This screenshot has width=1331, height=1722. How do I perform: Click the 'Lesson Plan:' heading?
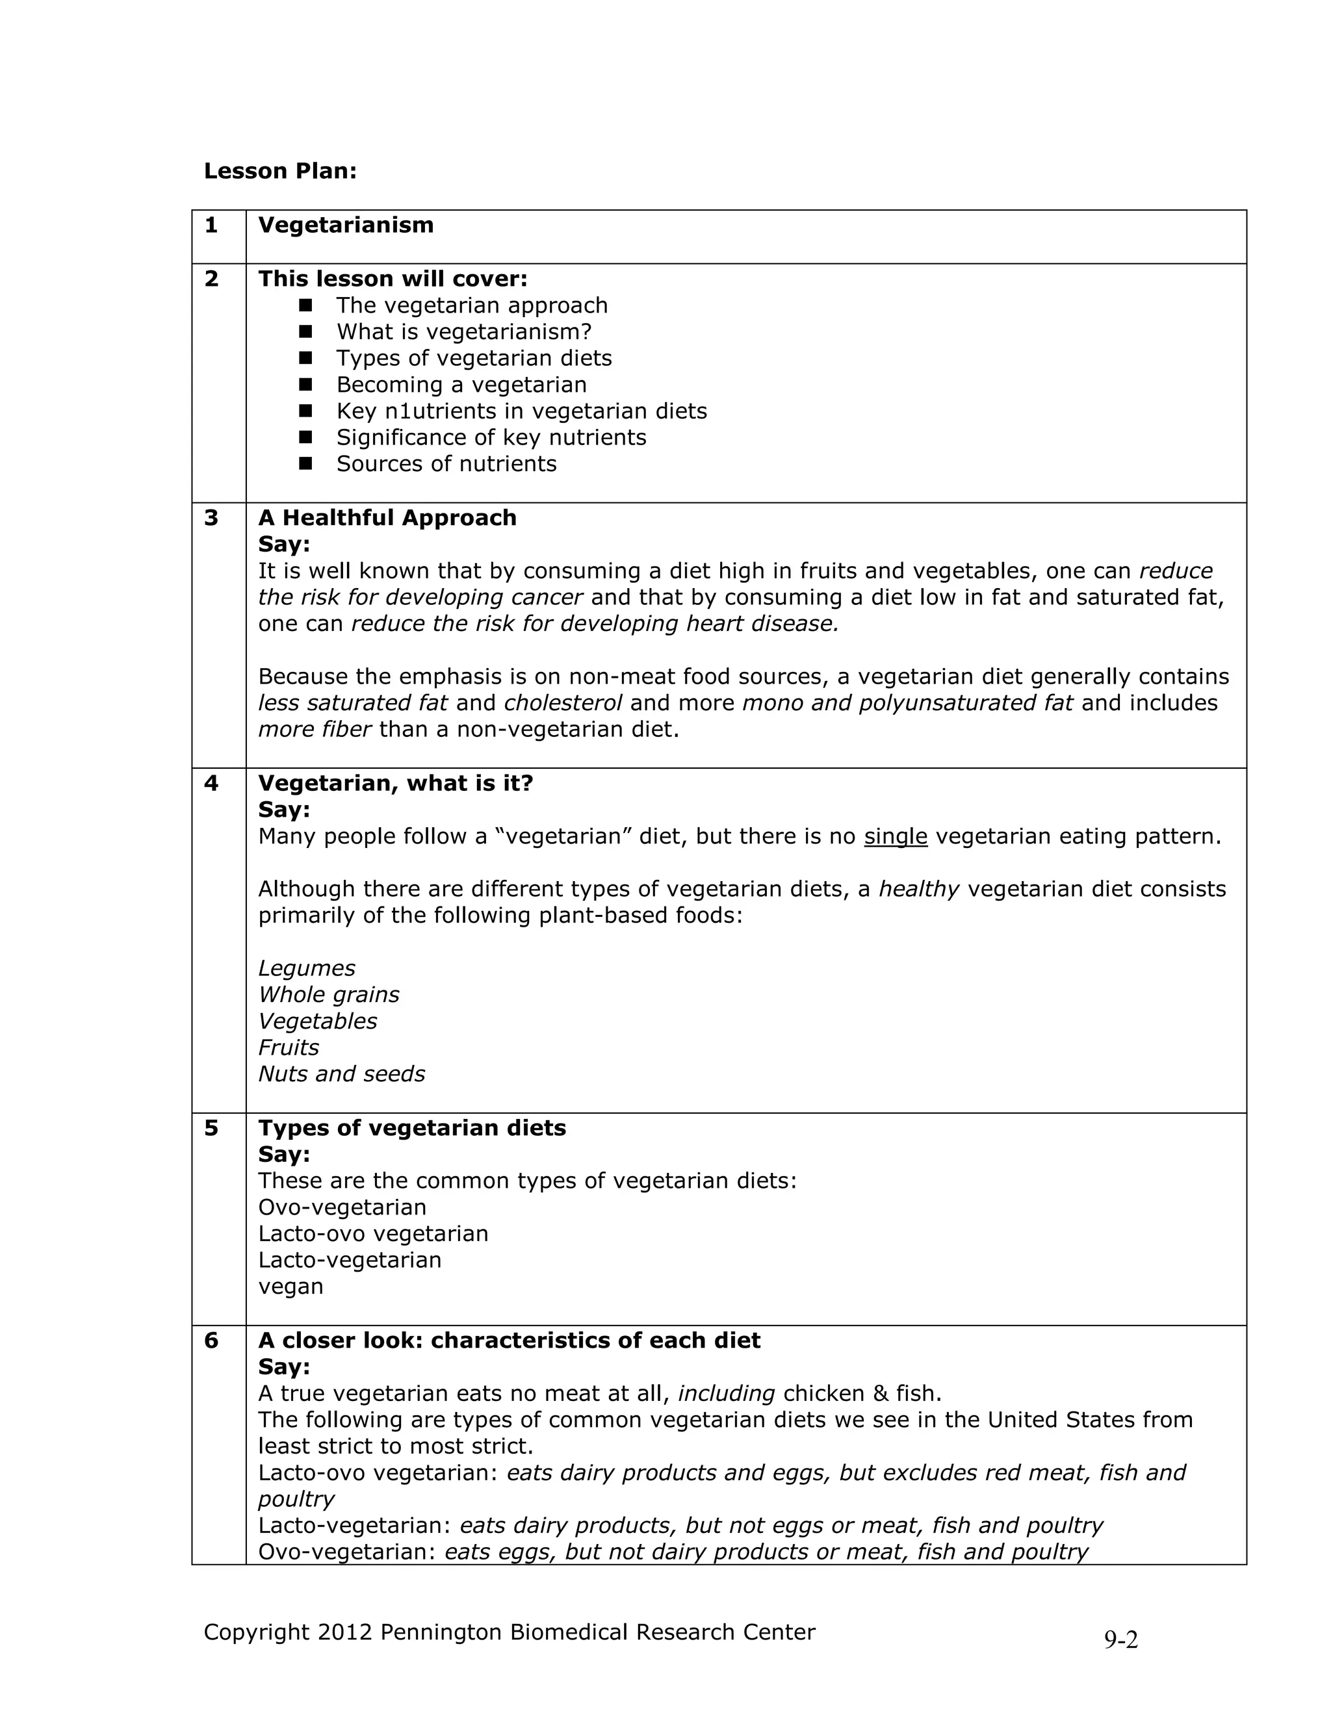click(x=280, y=171)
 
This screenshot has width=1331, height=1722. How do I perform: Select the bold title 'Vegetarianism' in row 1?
click(x=345, y=225)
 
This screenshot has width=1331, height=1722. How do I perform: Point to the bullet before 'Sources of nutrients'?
click(x=306, y=463)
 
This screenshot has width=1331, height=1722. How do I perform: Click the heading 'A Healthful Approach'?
click(x=387, y=518)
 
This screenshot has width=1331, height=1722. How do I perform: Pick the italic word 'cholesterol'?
click(x=563, y=703)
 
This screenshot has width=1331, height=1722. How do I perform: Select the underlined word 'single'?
click(x=895, y=836)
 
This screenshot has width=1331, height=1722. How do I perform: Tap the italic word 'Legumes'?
click(x=307, y=968)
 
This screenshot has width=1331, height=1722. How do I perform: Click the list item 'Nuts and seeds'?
click(x=341, y=1074)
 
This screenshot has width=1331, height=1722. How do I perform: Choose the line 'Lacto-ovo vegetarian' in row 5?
click(x=373, y=1234)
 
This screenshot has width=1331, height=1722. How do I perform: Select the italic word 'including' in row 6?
click(x=726, y=1394)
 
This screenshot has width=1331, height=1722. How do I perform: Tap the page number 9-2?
click(x=1120, y=1640)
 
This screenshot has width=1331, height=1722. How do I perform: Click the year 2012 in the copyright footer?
click(x=344, y=1632)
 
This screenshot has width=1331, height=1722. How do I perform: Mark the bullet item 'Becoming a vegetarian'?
click(x=461, y=385)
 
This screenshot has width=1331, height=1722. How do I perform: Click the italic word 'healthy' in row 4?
click(x=918, y=890)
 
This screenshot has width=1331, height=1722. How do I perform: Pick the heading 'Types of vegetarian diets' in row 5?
click(x=411, y=1128)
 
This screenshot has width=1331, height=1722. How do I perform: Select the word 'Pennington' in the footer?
click(x=441, y=1632)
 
